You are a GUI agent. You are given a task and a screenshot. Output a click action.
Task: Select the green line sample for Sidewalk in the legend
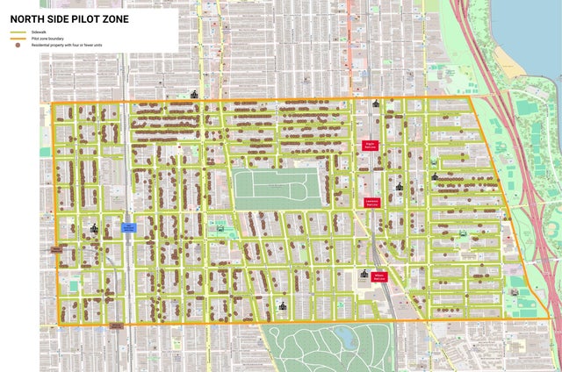coord(18,32)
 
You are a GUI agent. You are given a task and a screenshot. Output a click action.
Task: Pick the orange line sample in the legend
coord(18,39)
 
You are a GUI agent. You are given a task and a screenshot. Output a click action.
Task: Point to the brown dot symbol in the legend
coord(18,46)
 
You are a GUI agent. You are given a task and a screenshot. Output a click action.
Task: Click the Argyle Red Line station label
coord(370,146)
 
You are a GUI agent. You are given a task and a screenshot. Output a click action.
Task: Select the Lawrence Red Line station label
coord(371,203)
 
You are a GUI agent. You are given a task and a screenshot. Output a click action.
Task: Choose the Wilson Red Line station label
coord(380,276)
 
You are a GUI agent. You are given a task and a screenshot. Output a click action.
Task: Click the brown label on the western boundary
coord(56,249)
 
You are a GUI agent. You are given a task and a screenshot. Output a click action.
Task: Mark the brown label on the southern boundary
coord(116,325)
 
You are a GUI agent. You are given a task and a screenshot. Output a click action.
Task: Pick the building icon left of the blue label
coord(95,228)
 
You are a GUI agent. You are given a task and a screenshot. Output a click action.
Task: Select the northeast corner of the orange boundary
coord(469,98)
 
